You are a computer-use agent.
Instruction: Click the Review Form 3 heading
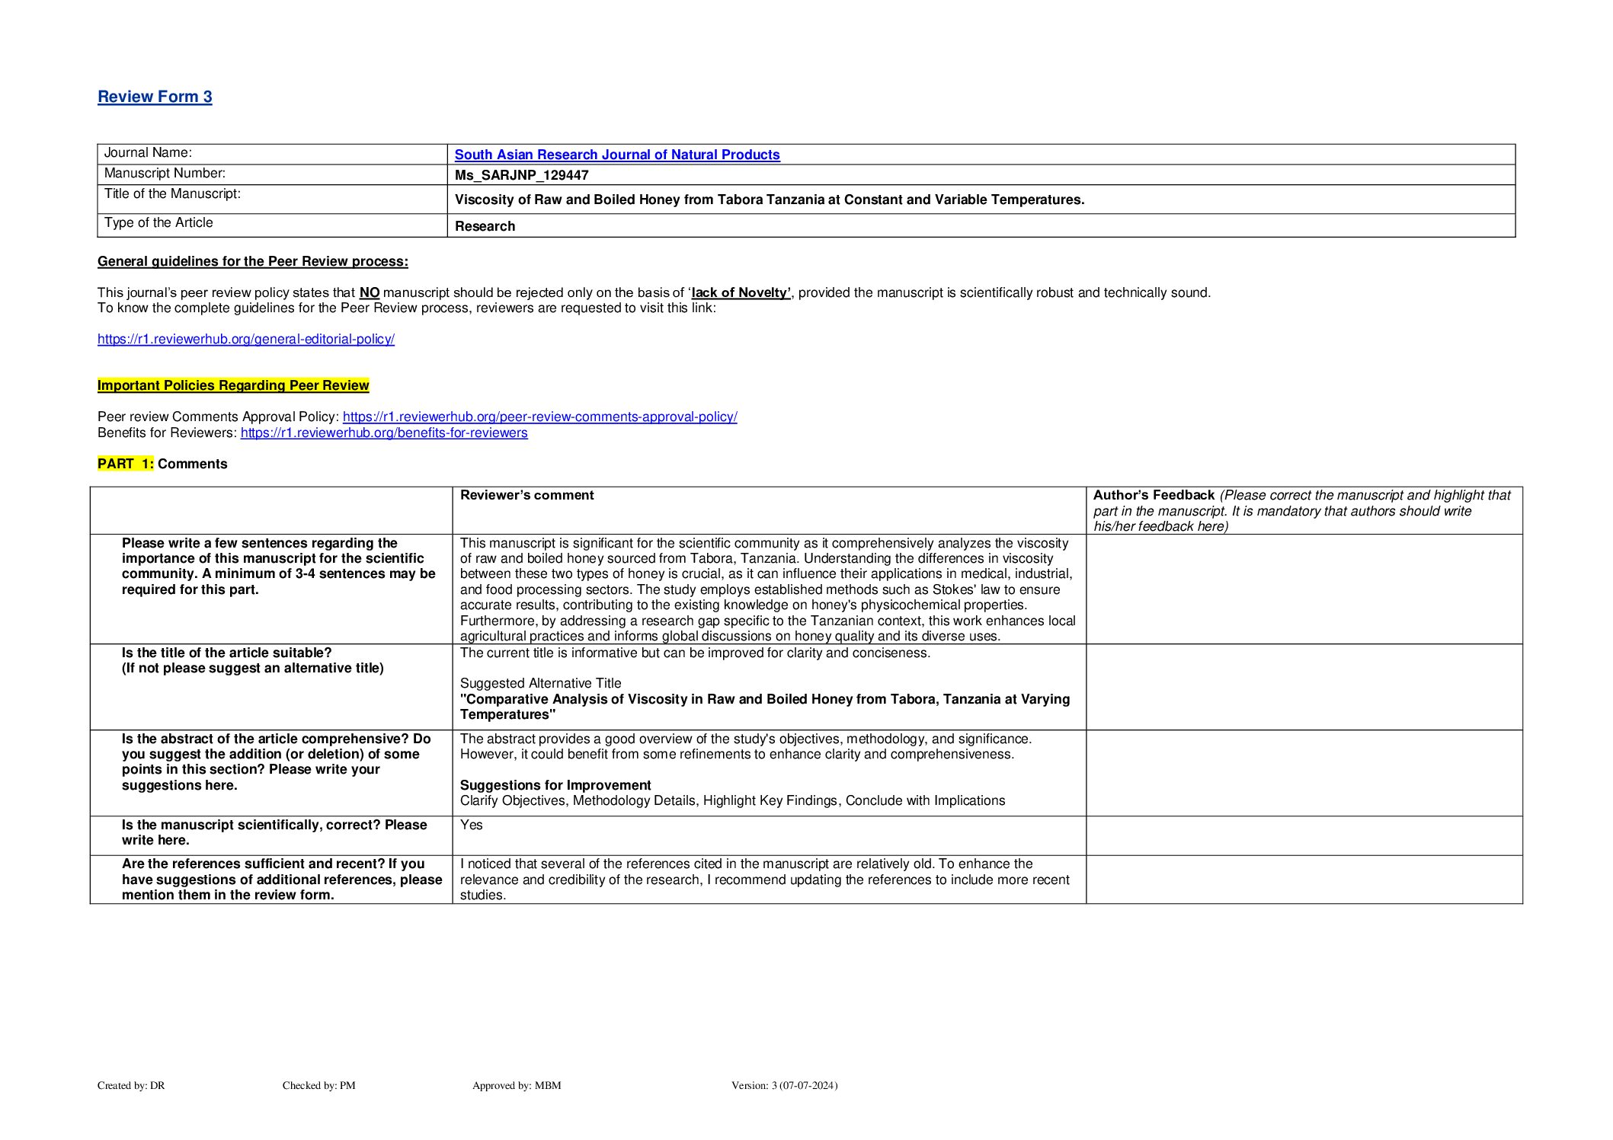155,97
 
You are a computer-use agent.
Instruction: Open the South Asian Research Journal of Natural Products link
617,155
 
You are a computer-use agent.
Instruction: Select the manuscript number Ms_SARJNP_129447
522,175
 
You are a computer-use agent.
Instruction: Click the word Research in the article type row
485,226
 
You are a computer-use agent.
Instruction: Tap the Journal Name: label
148,153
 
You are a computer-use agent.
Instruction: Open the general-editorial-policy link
246,339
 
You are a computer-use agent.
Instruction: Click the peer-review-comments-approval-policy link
539,417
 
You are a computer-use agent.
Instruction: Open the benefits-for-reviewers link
384,433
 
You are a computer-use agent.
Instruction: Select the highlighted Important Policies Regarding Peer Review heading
233,385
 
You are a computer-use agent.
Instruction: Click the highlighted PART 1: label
126,464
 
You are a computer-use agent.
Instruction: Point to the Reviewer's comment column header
527,495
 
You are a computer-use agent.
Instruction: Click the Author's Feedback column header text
1154,495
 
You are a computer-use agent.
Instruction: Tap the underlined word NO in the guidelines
370,292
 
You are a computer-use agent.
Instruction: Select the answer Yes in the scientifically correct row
472,825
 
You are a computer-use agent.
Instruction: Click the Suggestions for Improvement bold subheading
555,785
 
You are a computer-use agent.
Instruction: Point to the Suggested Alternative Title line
541,683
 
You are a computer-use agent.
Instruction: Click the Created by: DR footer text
131,1085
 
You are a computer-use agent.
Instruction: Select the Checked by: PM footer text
319,1085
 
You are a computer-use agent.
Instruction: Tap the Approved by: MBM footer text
517,1085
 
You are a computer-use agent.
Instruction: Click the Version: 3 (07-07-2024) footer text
784,1085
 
